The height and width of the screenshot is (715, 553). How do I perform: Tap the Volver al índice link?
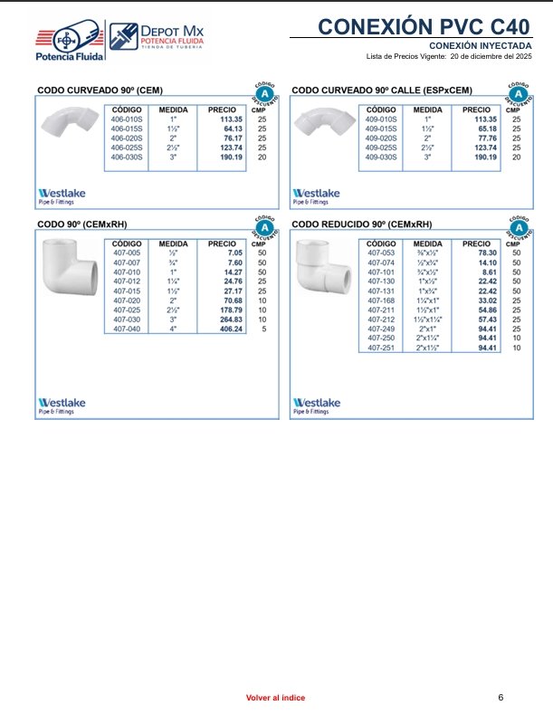point(276,697)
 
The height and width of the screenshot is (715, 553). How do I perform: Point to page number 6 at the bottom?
point(501,696)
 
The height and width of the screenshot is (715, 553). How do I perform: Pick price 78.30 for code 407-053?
point(488,253)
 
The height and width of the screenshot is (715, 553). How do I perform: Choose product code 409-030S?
point(381,157)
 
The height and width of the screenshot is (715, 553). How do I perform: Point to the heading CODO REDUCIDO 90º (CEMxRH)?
point(362,224)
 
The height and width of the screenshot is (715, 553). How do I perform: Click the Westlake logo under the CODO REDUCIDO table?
point(316,404)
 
